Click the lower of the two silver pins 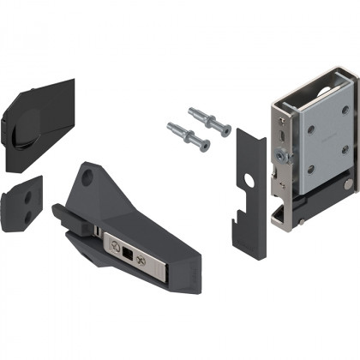point(189,135)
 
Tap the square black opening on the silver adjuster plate point(128,255)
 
